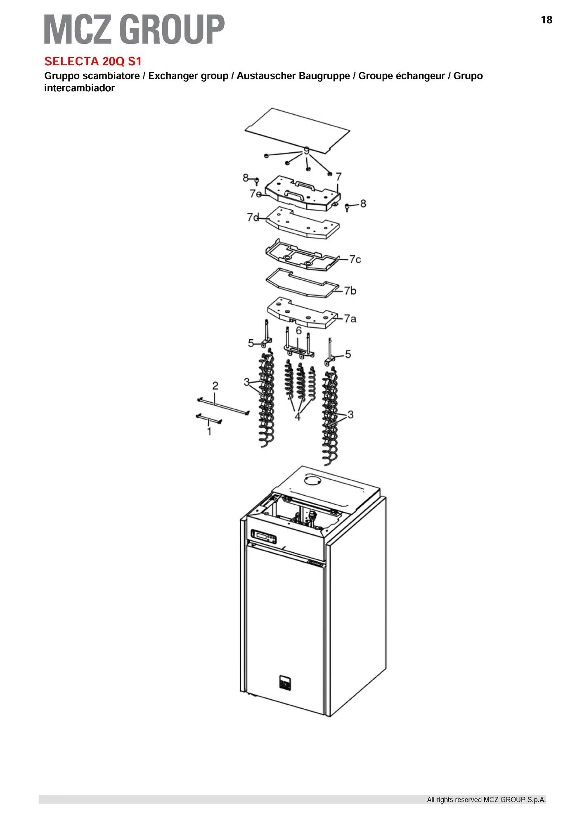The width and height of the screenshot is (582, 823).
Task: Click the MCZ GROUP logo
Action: point(134,29)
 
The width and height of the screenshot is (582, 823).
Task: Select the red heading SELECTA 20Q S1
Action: point(93,61)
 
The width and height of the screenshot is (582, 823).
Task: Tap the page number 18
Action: point(546,20)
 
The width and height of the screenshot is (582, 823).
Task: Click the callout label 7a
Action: point(350,319)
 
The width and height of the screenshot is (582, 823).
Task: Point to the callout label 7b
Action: point(350,291)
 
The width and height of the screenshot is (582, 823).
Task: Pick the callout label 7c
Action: point(355,259)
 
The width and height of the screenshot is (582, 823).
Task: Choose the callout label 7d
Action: point(253,217)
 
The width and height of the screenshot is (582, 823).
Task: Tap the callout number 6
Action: point(298,331)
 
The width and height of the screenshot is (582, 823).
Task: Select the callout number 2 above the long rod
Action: point(215,386)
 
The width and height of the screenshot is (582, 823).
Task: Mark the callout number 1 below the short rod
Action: point(209,431)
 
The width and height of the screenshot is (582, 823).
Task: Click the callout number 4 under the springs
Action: point(298,417)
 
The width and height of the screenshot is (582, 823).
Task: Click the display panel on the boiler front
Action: point(264,537)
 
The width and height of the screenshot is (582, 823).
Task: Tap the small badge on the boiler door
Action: point(285,682)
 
